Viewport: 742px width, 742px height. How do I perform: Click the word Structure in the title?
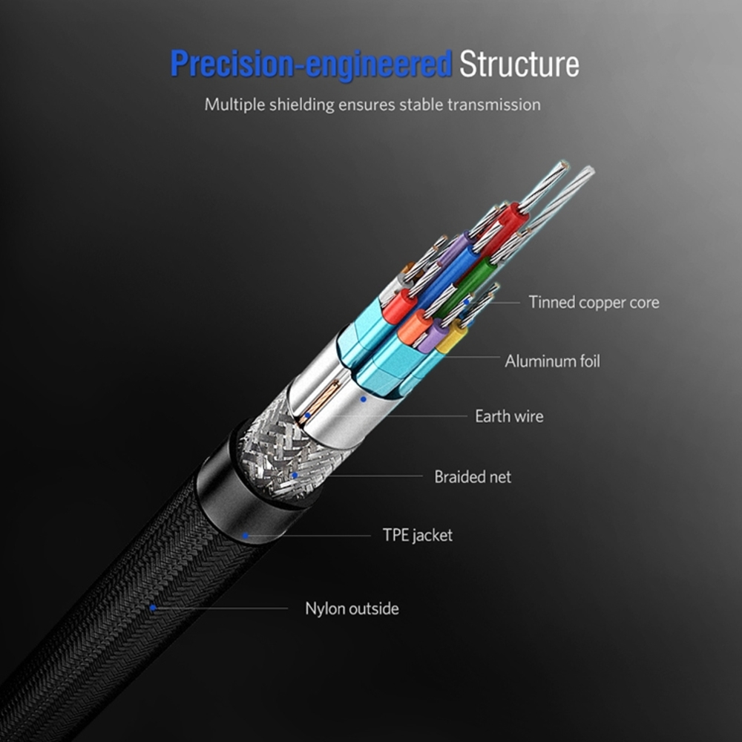519,64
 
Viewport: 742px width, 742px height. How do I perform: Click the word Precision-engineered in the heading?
311,64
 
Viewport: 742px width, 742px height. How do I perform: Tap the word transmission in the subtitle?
493,105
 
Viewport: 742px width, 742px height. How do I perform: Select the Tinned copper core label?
594,302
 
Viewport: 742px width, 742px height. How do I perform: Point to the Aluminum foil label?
552,361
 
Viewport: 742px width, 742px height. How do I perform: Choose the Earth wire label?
509,416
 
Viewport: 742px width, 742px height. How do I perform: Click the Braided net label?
473,476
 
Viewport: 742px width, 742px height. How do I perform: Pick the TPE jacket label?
417,535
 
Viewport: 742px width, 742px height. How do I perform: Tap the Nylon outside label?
352,608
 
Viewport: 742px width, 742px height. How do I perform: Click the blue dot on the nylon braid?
152,608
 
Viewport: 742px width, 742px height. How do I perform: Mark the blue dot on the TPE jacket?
245,535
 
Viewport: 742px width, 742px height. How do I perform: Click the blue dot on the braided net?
295,475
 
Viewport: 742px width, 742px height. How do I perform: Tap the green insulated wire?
475,278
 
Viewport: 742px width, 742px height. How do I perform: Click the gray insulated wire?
392,289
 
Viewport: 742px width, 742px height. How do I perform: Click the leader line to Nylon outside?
223,608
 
